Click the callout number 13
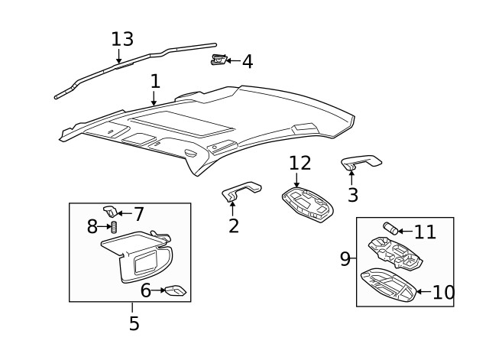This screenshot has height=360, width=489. point(122,39)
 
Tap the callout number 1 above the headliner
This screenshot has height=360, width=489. point(155,81)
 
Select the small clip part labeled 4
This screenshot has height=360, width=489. point(219,60)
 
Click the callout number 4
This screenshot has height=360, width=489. point(247,62)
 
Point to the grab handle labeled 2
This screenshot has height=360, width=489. point(241,190)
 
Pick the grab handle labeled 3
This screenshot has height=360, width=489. point(361,161)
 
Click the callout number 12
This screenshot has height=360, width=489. point(300,163)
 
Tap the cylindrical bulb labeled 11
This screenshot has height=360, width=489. point(390,229)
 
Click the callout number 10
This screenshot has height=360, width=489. point(443,292)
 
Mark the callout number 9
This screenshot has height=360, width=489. point(346,259)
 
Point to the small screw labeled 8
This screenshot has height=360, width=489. point(114,227)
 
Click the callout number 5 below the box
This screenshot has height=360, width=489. point(134,323)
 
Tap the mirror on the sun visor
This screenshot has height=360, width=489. point(144,264)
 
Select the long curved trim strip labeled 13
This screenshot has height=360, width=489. point(138,62)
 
